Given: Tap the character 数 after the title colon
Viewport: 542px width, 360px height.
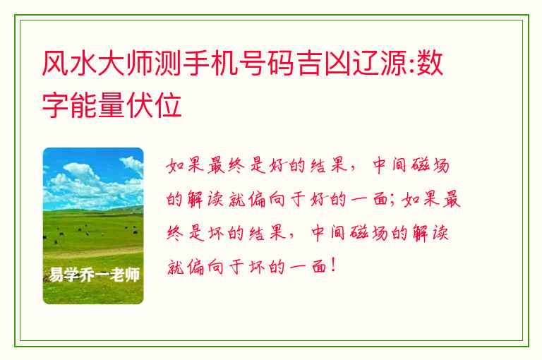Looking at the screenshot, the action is pyautogui.click(x=430, y=64).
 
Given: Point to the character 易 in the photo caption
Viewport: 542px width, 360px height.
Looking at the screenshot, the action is pyautogui.click(x=56, y=275).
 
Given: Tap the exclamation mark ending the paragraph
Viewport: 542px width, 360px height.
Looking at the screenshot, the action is pyautogui.click(x=333, y=265).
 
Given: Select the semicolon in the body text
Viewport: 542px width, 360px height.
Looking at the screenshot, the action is pyautogui.click(x=392, y=200).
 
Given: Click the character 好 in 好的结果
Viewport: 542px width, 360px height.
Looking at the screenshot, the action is pyautogui.click(x=277, y=165).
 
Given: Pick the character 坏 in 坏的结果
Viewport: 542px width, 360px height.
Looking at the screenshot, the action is pyautogui.click(x=217, y=233).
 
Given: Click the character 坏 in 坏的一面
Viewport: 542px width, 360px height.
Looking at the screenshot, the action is pyautogui.click(x=258, y=267).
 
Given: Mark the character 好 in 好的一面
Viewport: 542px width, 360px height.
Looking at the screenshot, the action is pyautogui.click(x=318, y=199).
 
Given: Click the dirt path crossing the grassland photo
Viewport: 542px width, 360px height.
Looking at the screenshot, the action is pyautogui.click(x=93, y=253).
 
